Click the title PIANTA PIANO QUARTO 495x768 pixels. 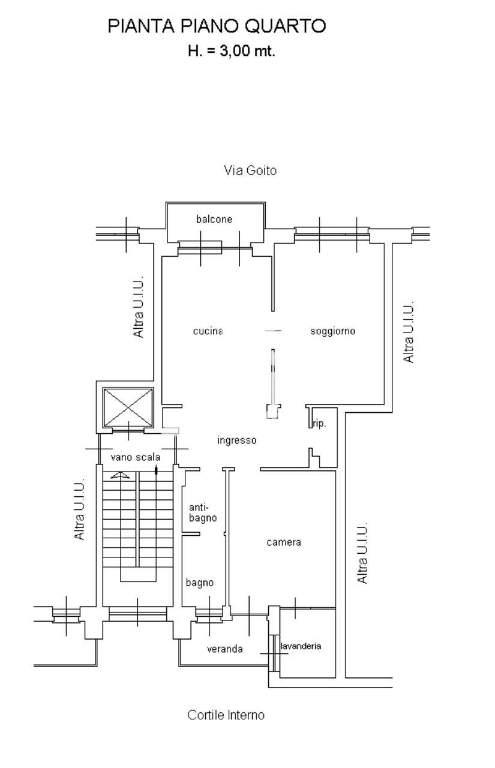(x=217, y=26)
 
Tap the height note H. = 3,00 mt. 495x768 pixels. (x=232, y=51)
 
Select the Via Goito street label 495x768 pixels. (x=250, y=170)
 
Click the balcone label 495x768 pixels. (x=214, y=219)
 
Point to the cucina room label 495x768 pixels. (x=208, y=331)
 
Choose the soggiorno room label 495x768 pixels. (x=333, y=331)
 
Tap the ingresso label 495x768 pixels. (x=237, y=440)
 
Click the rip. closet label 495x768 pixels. (x=319, y=424)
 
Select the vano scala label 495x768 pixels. (x=136, y=457)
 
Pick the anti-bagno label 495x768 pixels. (x=203, y=512)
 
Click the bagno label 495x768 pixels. (x=200, y=583)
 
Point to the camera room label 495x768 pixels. (x=284, y=542)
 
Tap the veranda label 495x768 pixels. (x=225, y=649)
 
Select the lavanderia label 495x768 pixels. (x=301, y=646)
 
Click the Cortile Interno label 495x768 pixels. (x=226, y=715)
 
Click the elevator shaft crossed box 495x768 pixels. (x=128, y=407)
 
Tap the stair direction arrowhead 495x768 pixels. (x=121, y=475)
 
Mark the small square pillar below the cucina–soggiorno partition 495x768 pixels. (x=273, y=412)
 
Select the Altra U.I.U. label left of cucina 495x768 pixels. (x=139, y=307)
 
